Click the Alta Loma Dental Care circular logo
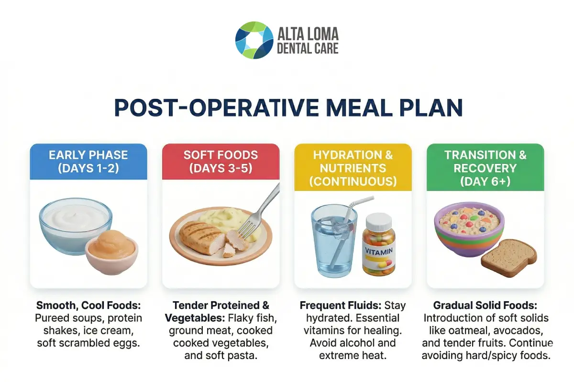254,40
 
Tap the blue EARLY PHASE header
88,161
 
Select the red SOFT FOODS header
221,161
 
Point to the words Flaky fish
249,318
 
